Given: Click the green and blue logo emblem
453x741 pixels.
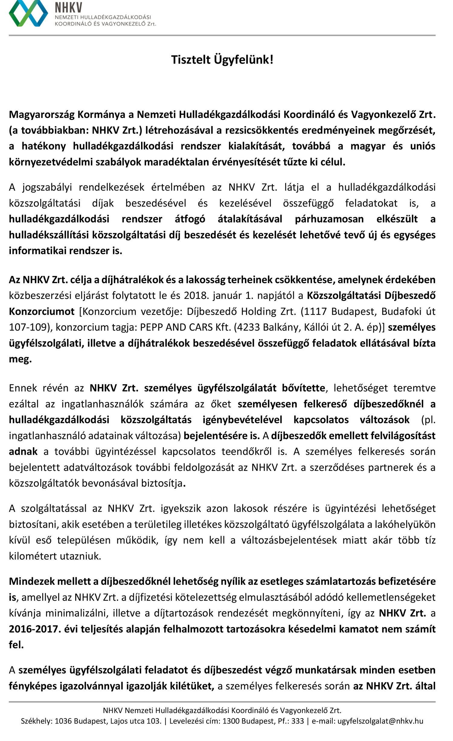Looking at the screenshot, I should click(x=28, y=13).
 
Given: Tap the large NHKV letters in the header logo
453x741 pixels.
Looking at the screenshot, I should click(x=69, y=7).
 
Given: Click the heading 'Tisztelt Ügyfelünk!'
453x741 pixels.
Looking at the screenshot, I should click(x=222, y=60).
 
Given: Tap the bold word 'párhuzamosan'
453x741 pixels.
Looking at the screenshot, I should click(x=329, y=219).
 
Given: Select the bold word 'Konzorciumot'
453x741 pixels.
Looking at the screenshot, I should click(x=42, y=311).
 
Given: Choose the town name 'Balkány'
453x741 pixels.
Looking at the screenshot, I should click(x=278, y=327).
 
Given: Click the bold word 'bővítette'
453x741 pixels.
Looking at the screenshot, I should click(x=304, y=388).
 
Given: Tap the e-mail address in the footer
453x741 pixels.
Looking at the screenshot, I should click(x=380, y=721).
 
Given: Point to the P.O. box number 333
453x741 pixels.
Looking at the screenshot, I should click(x=297, y=721).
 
